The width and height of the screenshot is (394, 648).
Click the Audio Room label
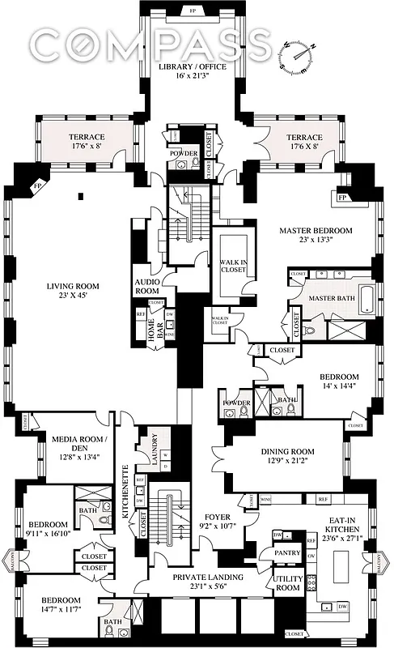pyautogui.click(x=147, y=286)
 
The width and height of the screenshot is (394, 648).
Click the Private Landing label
pyautogui.click(x=201, y=578)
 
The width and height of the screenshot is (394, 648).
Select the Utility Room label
pyautogui.click(x=287, y=583)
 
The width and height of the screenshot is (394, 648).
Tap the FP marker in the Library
pyautogui.click(x=192, y=11)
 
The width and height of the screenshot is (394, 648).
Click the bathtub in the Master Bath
pyautogui.click(x=362, y=301)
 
